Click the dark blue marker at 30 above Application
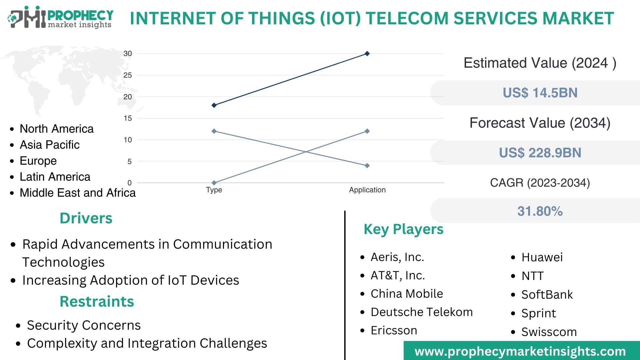tap(367, 54)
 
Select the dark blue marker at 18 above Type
tap(214, 105)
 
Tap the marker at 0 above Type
tap(214, 183)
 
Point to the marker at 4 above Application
tap(367, 166)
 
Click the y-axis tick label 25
tap(128, 75)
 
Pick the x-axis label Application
tap(367, 190)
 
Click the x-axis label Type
tap(214, 190)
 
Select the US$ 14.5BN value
tap(540, 93)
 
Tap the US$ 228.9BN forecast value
tap(540, 153)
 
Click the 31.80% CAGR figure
tap(540, 211)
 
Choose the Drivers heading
tap(86, 218)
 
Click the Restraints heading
tap(97, 302)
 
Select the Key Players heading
tap(403, 229)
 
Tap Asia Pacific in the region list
tap(50, 145)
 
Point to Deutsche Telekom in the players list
tap(422, 312)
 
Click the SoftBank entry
tap(547, 295)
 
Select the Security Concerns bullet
tap(84, 325)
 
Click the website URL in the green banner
tap(520, 351)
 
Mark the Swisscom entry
tap(549, 332)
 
